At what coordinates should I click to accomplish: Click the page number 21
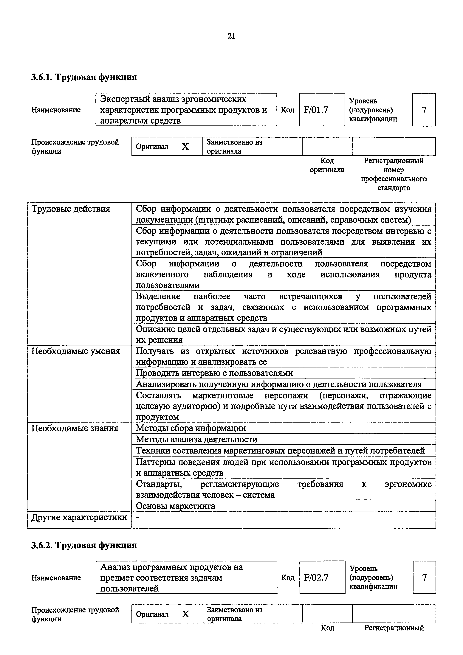(x=231, y=36)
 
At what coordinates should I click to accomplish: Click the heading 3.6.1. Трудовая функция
(x=84, y=77)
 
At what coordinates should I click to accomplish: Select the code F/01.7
(x=316, y=110)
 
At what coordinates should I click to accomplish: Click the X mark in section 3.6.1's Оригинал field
(x=185, y=147)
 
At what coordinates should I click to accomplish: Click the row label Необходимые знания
(x=75, y=428)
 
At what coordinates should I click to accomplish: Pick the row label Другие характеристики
(x=79, y=517)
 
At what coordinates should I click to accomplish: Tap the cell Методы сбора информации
(x=191, y=428)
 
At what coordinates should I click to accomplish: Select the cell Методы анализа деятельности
(x=196, y=439)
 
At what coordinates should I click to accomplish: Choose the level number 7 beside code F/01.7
(x=424, y=110)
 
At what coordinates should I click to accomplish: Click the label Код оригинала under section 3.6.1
(x=327, y=165)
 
